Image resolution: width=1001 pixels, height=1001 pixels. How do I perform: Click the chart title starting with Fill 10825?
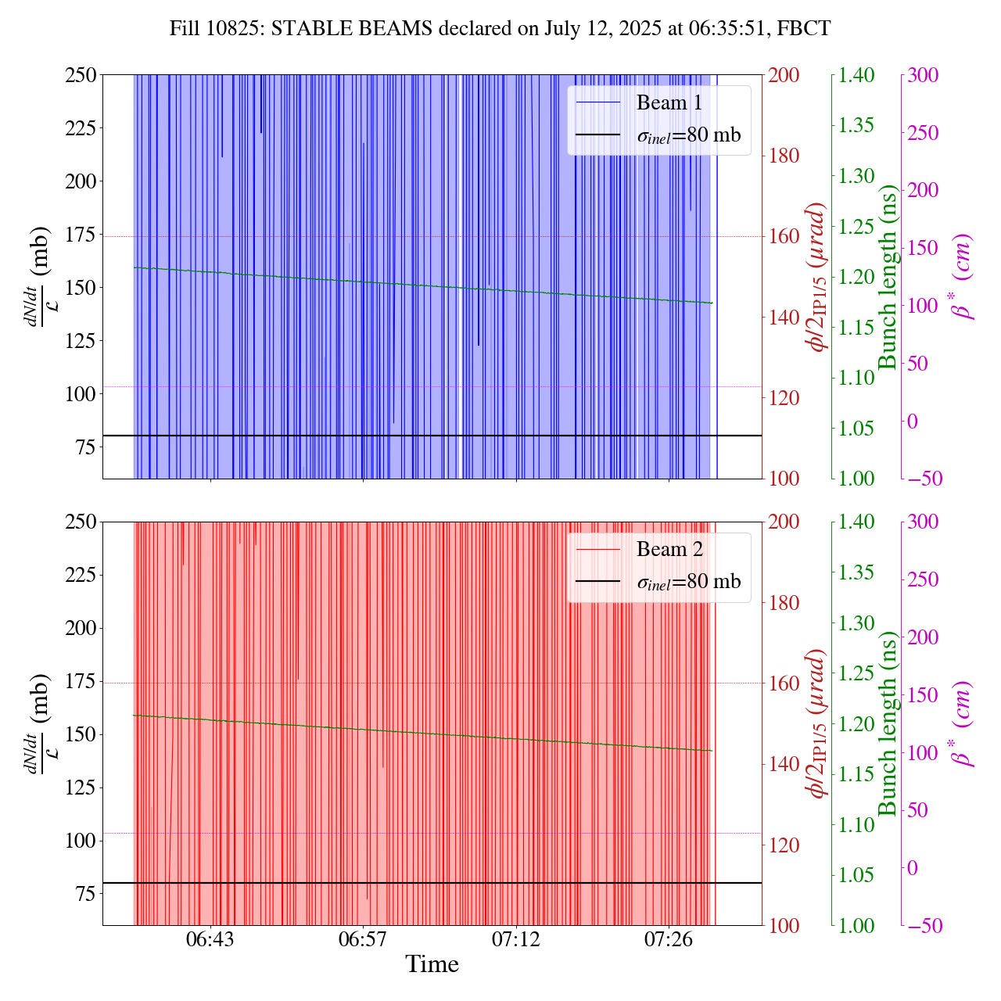coord(500,28)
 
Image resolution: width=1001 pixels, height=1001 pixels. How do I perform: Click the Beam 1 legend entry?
coord(669,102)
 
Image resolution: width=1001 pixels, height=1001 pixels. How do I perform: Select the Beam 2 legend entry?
coord(669,550)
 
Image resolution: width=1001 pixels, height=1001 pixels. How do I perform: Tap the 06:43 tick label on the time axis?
coord(210,938)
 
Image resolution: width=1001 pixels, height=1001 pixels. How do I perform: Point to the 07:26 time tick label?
coord(669,938)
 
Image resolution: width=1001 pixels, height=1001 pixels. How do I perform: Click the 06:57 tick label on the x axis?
coord(363,938)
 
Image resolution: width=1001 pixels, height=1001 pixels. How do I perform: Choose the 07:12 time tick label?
coord(516,938)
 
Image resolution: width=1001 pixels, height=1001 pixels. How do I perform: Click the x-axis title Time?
coord(432,964)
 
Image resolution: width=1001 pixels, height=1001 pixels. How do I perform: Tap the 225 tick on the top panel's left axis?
coord(81,128)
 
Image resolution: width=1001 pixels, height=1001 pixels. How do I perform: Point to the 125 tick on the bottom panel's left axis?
coord(81,788)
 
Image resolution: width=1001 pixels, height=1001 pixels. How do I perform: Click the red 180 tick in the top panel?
coord(784,156)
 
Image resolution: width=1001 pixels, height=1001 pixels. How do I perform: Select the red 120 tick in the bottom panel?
coord(784,845)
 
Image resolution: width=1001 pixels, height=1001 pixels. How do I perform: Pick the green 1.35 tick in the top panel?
coord(857,125)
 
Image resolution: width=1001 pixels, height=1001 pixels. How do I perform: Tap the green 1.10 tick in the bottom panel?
coord(857,825)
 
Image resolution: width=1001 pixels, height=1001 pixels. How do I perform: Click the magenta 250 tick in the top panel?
coord(923,133)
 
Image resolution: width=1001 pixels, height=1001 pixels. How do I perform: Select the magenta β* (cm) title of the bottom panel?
coord(963,723)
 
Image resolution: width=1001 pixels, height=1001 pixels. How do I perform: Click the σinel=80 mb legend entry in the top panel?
coord(688,135)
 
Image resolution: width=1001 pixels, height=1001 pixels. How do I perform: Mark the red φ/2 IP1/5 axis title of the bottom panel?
coord(819,723)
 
